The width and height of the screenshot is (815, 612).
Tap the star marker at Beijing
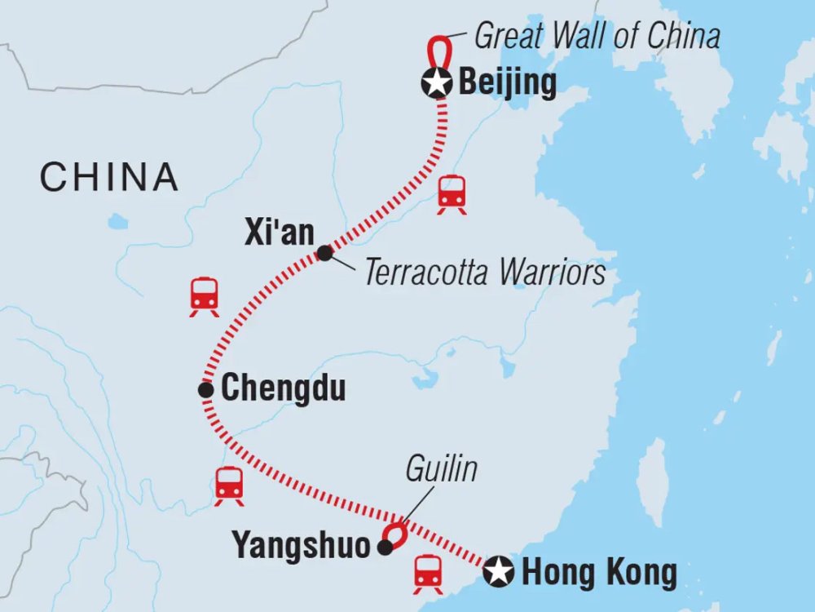[x=438, y=82]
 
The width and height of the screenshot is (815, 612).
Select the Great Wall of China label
[x=597, y=37]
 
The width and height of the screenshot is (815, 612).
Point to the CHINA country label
[x=109, y=177]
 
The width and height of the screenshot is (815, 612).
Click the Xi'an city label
[x=280, y=233]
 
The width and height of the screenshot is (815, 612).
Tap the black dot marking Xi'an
[x=324, y=254]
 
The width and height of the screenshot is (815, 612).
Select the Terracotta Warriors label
[x=485, y=273]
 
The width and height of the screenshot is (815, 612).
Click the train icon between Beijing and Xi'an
[x=452, y=195]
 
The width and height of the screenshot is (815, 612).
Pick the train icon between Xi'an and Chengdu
[x=204, y=297]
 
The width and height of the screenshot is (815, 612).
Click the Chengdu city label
[x=284, y=389]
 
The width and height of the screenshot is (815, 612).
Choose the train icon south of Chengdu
[x=229, y=486]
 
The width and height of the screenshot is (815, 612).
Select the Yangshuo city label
[x=302, y=547]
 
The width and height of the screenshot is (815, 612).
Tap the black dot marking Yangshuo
[x=385, y=548]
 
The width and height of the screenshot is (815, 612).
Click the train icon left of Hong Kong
[x=428, y=574]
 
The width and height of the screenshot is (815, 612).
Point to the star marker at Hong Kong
[x=497, y=572]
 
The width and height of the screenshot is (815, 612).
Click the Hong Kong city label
[x=599, y=573]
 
